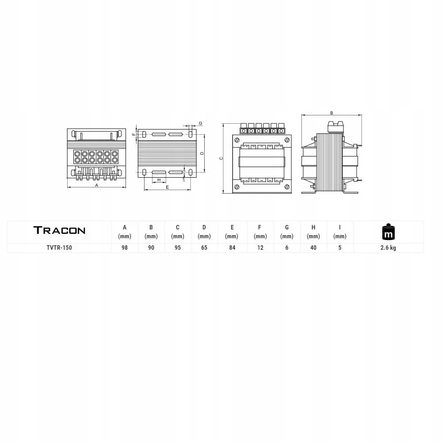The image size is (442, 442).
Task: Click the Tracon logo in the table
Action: point(59,230)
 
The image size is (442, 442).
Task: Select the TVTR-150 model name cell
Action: point(59,248)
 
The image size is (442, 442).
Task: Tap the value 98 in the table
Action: point(125,248)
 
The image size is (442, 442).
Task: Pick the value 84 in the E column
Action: point(232,248)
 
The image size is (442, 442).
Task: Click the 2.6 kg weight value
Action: point(388,248)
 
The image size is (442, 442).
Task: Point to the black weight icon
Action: point(388,231)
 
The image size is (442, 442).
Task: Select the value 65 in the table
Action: point(204,248)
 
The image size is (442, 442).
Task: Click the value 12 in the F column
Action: point(260,248)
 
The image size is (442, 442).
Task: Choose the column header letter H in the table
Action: point(313,228)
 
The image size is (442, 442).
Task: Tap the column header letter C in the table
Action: point(178,228)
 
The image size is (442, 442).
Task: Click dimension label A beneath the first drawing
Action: point(97,186)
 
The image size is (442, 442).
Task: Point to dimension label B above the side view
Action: point(331,113)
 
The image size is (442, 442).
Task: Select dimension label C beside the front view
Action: point(221,158)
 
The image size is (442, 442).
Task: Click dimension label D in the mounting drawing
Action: point(202,153)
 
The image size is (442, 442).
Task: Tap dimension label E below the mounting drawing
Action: point(167,188)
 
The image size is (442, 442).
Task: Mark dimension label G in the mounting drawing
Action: point(200,123)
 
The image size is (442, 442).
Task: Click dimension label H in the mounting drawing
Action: point(159,180)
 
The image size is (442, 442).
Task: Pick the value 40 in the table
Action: point(313,248)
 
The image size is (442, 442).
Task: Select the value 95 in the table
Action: point(178,248)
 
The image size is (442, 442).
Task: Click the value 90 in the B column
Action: point(151,248)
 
